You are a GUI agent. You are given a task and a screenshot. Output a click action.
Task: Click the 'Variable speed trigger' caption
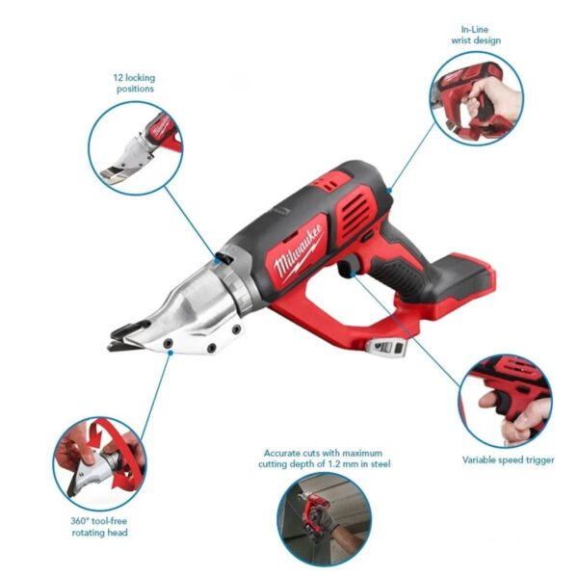508,460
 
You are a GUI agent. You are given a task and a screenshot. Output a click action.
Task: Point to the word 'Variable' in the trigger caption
480,460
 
